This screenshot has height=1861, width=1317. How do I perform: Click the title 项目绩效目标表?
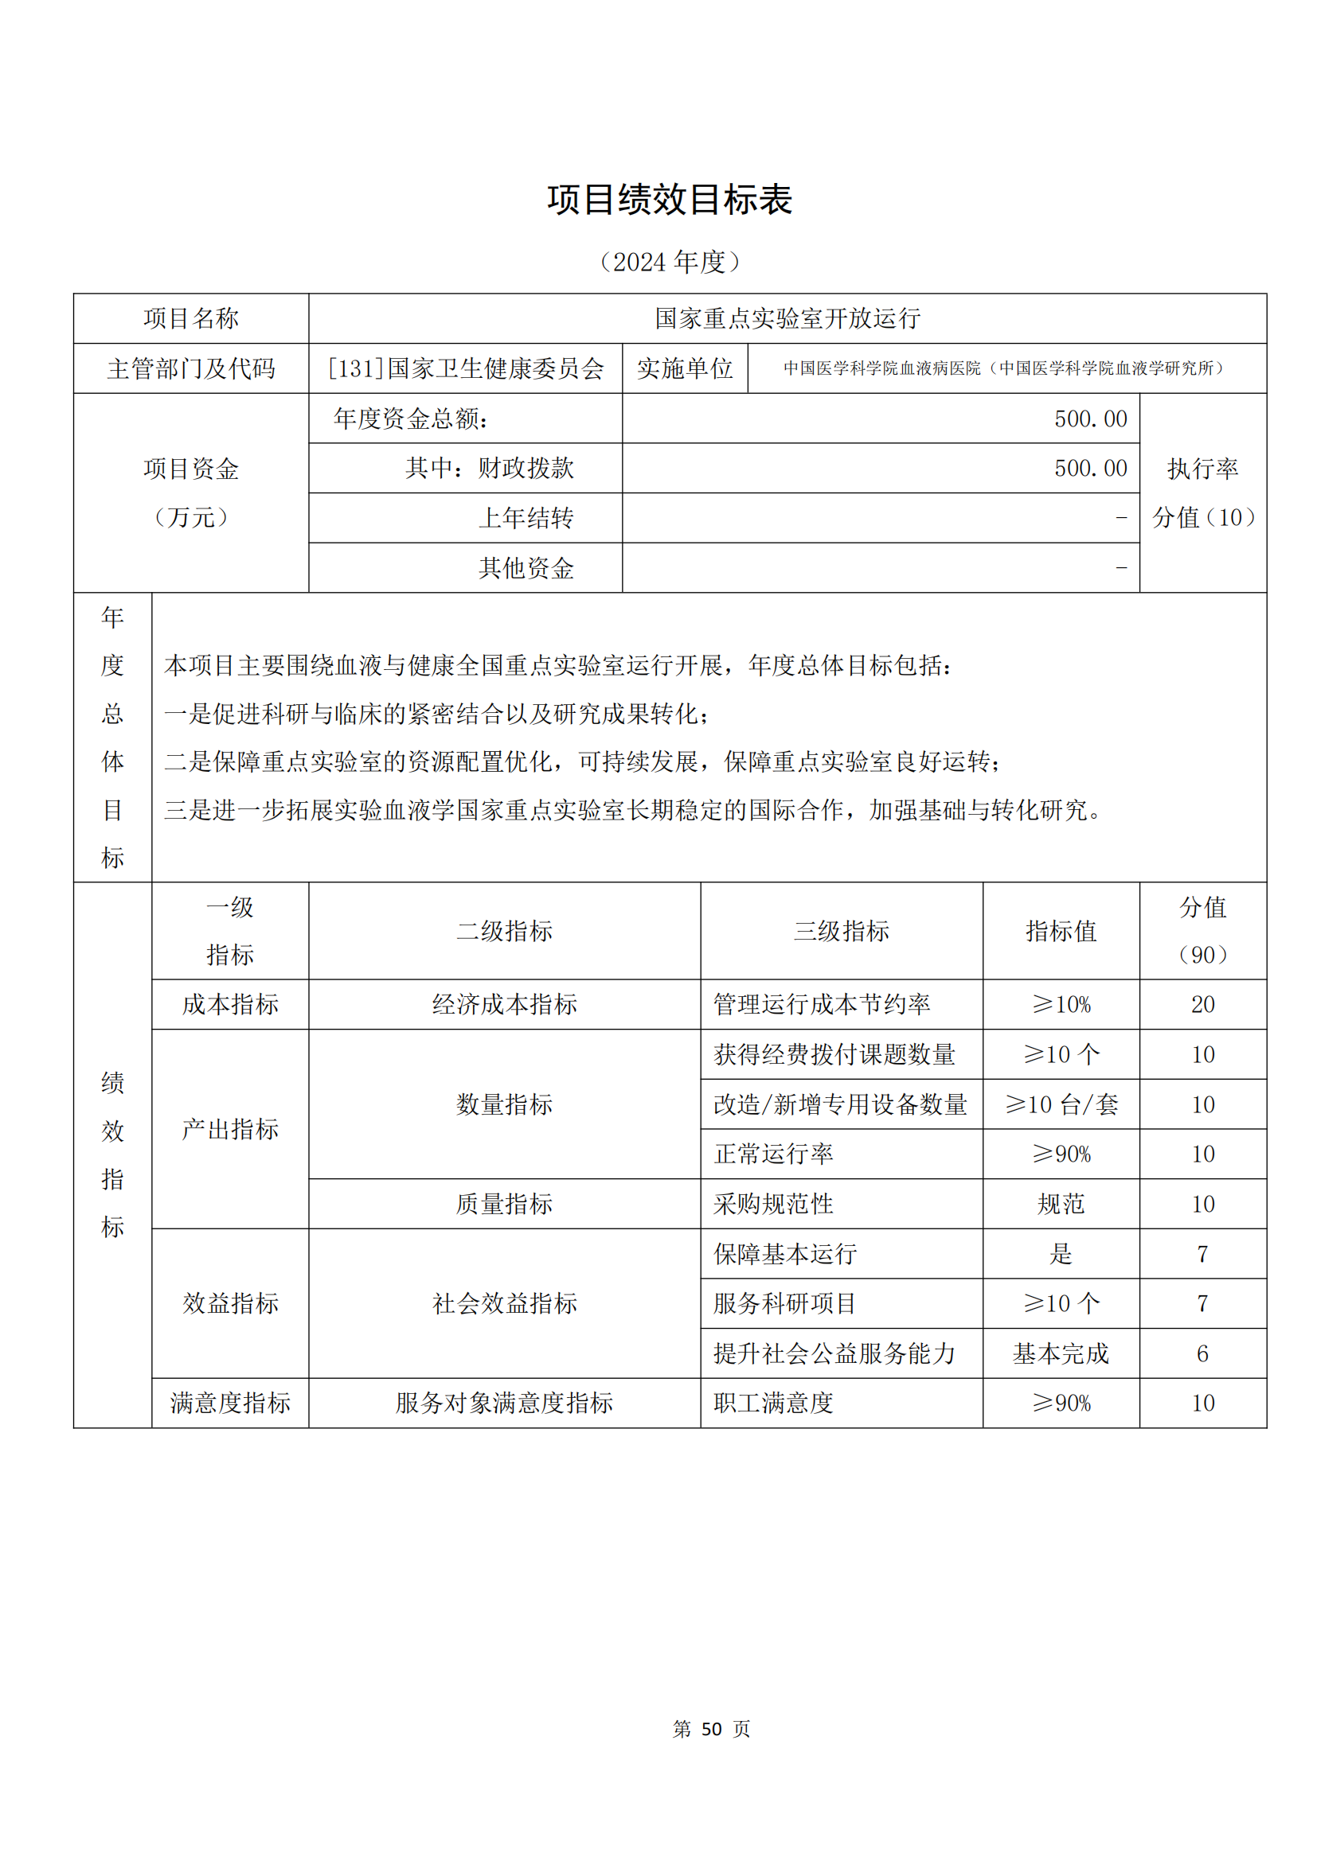pos(669,200)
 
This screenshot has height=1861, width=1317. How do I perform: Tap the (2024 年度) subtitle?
pos(669,262)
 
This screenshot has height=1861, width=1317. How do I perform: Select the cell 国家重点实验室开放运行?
pos(787,318)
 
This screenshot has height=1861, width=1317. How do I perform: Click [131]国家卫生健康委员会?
pos(466,369)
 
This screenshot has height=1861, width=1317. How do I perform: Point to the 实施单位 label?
pos(685,369)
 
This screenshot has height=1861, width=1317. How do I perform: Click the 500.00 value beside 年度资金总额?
pos(1090,419)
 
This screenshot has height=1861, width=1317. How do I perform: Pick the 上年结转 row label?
pos(526,518)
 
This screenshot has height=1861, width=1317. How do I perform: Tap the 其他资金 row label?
pos(526,568)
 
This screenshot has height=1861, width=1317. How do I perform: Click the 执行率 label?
pos(1202,469)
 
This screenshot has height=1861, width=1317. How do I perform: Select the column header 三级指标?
pos(841,931)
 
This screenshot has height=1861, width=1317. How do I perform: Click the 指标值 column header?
pos(1061,931)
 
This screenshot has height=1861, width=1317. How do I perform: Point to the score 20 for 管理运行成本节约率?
pos(1202,1004)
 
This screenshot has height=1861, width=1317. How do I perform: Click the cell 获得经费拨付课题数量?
pos(834,1054)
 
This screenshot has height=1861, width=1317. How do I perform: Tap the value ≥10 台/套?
pos(1061,1104)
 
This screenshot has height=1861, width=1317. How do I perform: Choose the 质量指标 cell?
pos(503,1204)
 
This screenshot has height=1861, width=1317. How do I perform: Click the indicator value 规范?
pos(1061,1204)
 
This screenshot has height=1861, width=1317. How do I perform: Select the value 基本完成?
pos(1061,1353)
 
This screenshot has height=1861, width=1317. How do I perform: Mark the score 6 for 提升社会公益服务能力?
pos(1202,1353)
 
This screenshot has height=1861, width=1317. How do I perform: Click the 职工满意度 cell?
pos(773,1403)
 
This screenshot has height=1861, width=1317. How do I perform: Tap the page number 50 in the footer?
pos(711,1729)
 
